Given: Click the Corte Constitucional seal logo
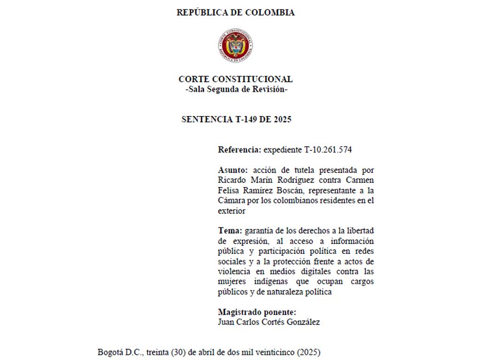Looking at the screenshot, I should (236, 46).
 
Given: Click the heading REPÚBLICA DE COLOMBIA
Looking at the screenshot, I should (235, 13).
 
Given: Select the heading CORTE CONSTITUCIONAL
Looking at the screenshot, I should (235, 79).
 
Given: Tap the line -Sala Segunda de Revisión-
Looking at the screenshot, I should (236, 89).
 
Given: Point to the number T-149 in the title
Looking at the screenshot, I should (247, 119).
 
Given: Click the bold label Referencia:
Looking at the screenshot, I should (239, 150).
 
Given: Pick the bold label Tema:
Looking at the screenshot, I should (230, 231).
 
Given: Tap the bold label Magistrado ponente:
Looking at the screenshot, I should (257, 312).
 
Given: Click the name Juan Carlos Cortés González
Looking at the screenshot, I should (269, 322).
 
